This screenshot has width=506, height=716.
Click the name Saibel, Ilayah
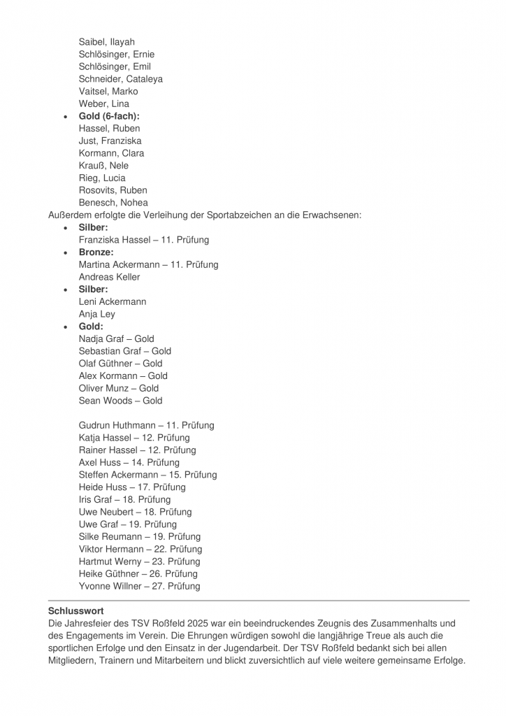click(x=106, y=42)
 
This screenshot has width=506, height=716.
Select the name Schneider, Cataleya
click(x=120, y=79)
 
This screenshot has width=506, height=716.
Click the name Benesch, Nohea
click(x=113, y=203)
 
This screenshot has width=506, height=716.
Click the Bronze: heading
click(x=96, y=252)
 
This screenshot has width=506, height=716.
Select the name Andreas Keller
click(x=109, y=277)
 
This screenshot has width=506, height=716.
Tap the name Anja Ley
click(x=97, y=314)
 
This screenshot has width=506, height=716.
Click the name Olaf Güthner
click(x=106, y=364)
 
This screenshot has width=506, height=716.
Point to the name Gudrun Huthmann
click(x=116, y=425)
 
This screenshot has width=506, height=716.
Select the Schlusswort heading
click(x=76, y=611)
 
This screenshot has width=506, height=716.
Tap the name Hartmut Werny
click(x=108, y=561)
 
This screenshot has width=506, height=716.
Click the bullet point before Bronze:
click(x=66, y=252)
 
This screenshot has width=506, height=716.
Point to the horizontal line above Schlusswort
click(x=259, y=600)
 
